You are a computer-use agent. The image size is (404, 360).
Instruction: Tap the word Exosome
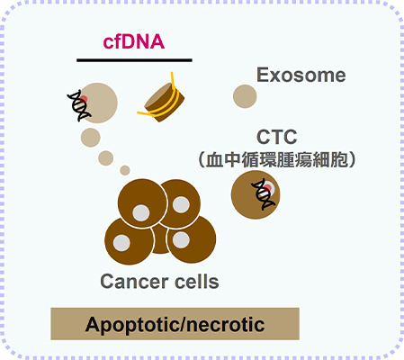301,76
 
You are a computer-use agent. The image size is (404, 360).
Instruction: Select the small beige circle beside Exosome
244,94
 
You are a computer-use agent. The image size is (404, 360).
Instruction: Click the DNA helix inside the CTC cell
264,191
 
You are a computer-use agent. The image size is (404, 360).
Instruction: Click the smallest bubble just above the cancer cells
125,170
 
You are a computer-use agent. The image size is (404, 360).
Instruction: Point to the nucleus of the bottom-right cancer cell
180,240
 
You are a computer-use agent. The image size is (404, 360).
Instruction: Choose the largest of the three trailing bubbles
91,138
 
